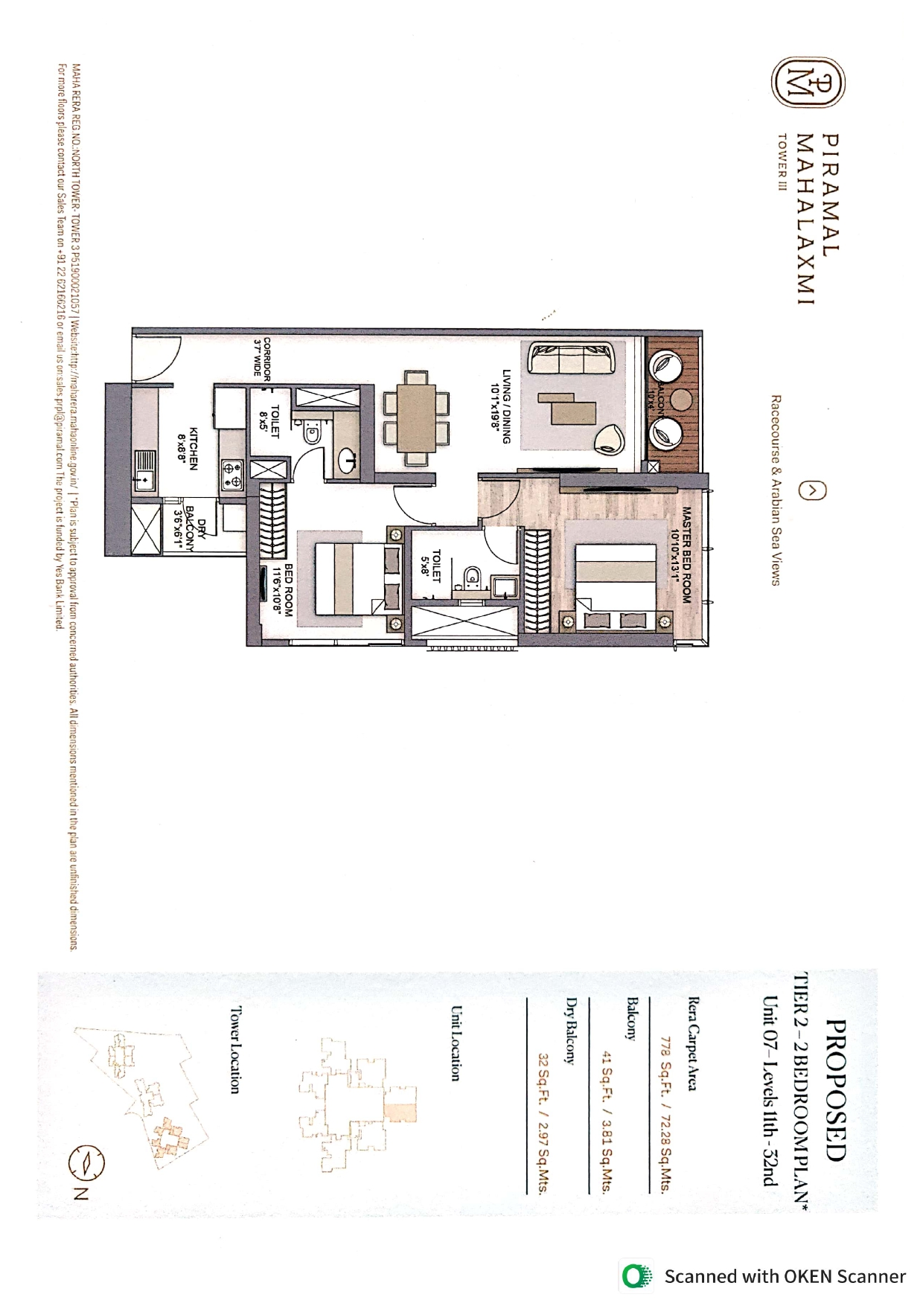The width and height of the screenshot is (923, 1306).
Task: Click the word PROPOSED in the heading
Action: [836, 1091]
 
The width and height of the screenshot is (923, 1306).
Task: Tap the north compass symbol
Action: [87, 1162]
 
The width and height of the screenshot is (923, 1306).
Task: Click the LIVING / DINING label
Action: [501, 406]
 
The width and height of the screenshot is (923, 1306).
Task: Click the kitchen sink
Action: [144, 470]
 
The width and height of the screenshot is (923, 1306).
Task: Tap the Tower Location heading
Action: [234, 1050]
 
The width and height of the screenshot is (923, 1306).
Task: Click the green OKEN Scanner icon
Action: [635, 1276]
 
